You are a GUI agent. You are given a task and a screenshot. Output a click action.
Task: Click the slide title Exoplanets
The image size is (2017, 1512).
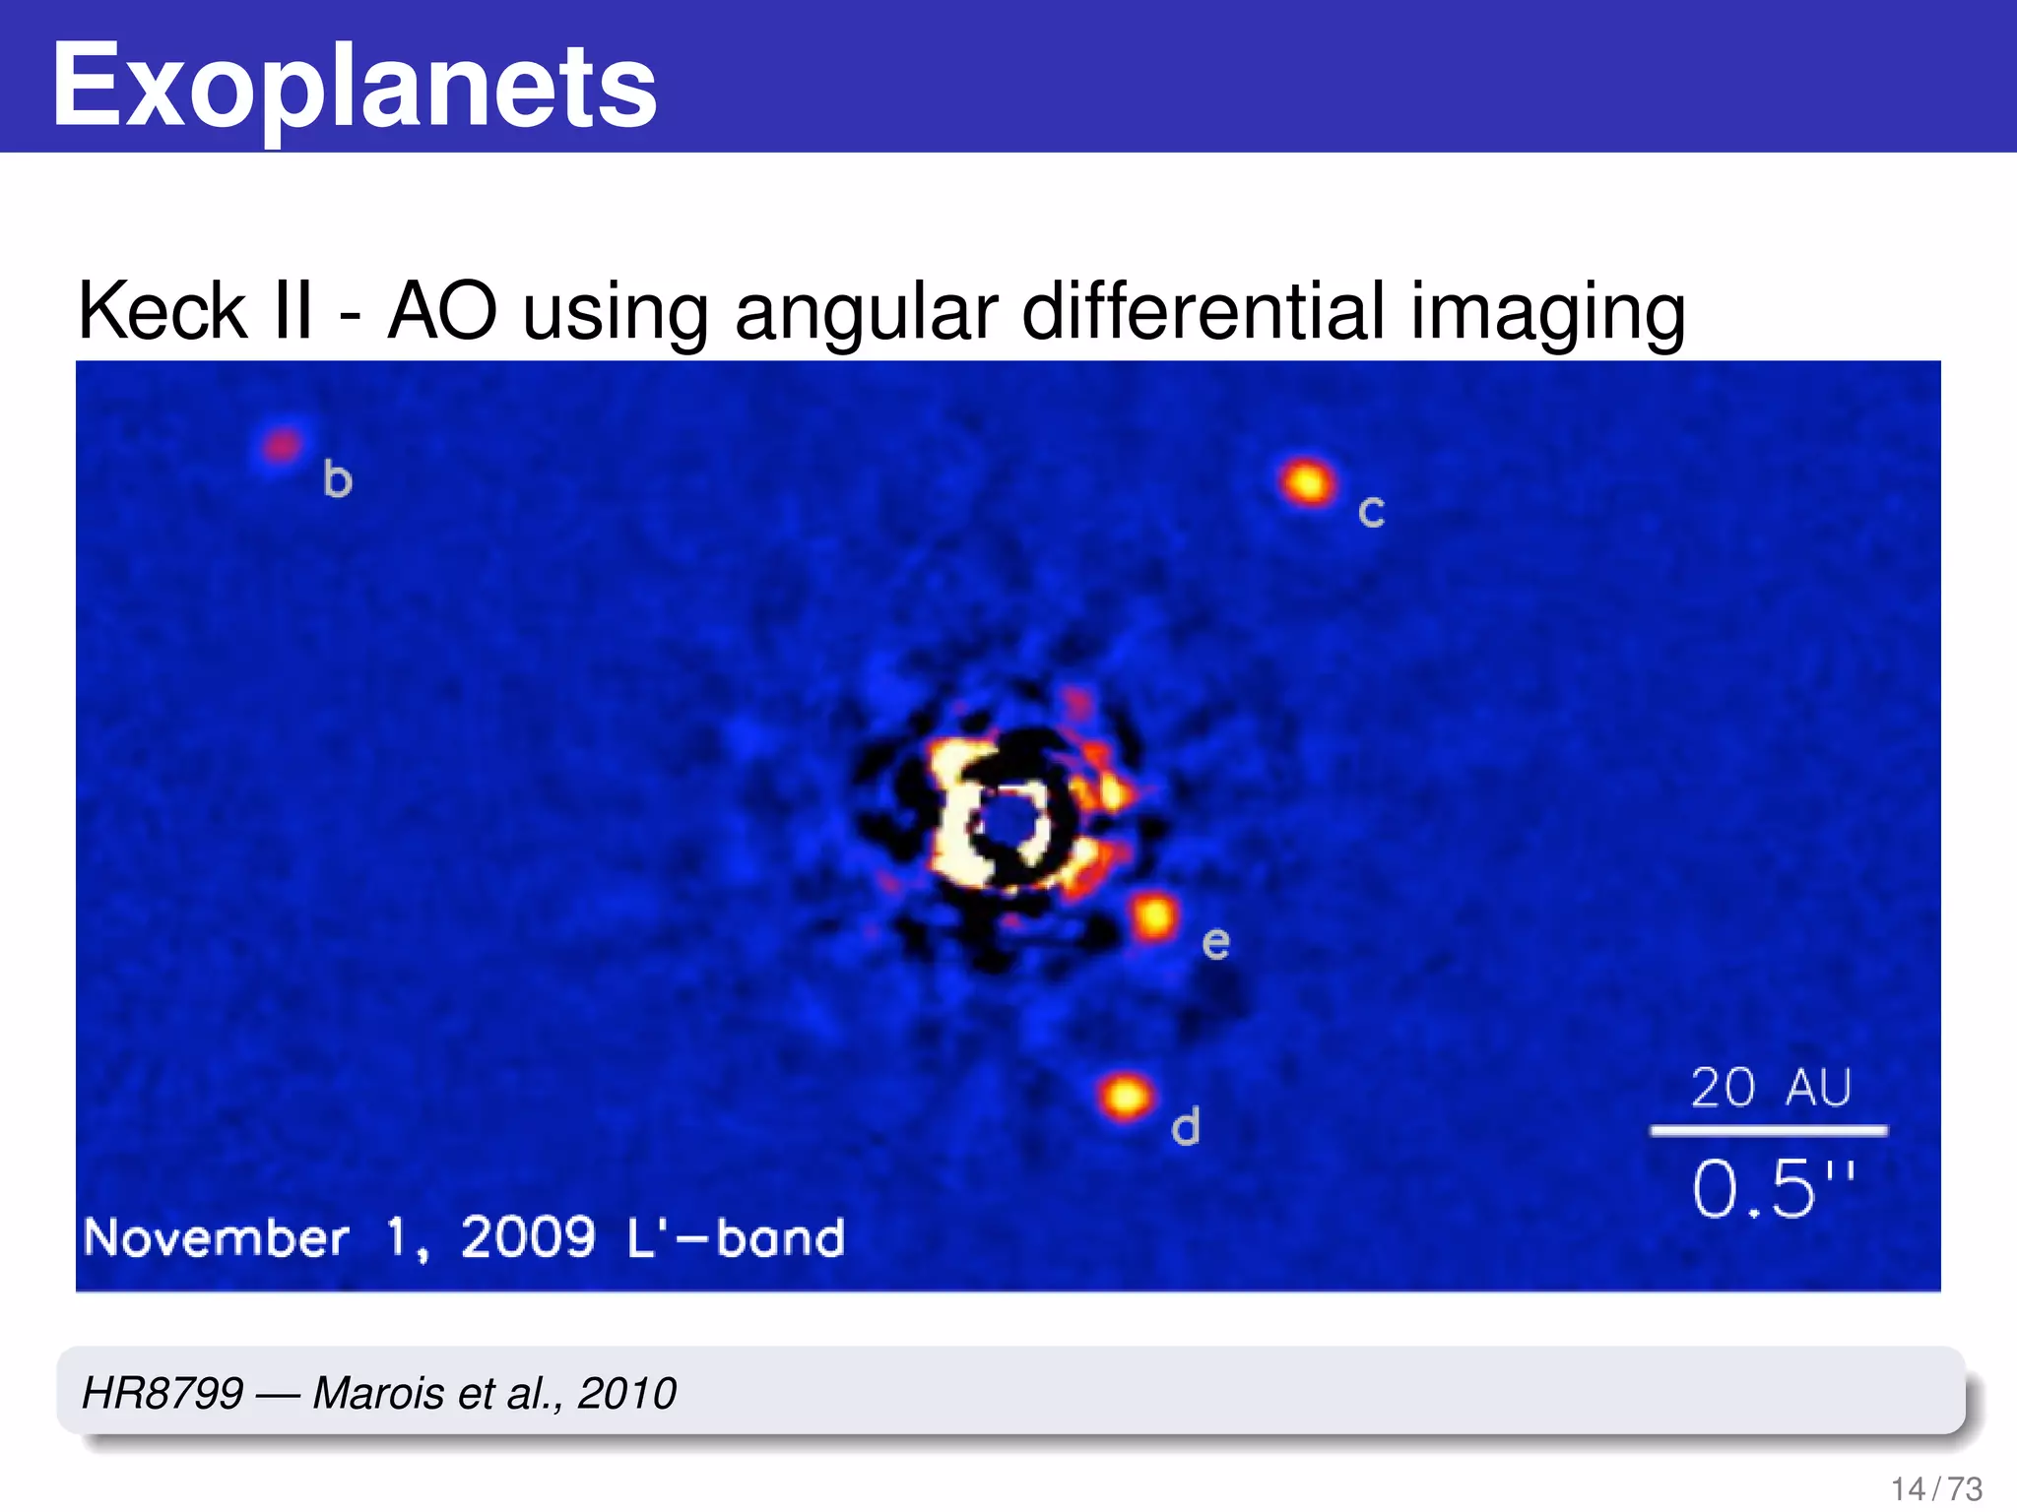[354, 87]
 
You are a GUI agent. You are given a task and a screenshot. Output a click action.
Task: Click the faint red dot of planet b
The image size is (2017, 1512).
[283, 446]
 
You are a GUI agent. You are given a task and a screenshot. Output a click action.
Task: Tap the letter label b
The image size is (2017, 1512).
[337, 480]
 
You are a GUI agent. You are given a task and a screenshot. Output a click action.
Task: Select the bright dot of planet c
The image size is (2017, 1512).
[1308, 482]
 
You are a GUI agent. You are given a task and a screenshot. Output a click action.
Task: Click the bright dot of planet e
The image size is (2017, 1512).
[1154, 918]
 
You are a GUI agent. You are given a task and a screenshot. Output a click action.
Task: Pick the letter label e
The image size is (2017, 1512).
[1216, 943]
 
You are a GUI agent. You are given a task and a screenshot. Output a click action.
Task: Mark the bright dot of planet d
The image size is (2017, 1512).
[1125, 1096]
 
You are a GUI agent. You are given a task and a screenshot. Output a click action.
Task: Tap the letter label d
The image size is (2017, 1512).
[1186, 1126]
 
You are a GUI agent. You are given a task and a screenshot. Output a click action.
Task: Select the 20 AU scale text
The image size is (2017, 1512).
[1771, 1088]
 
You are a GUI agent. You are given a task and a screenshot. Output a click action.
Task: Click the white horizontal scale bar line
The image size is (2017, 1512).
[1769, 1131]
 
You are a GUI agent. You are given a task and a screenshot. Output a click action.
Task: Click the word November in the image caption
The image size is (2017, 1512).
[216, 1237]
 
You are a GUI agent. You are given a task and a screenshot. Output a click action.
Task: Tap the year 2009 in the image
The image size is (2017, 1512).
[528, 1237]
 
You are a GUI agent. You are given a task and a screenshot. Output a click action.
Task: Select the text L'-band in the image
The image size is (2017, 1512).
[736, 1237]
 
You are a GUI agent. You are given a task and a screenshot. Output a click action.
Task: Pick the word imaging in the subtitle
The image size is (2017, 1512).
[1547, 313]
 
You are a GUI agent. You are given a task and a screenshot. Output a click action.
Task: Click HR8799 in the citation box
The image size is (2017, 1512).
[163, 1393]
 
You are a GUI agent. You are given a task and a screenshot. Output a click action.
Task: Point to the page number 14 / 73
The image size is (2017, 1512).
[1936, 1488]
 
